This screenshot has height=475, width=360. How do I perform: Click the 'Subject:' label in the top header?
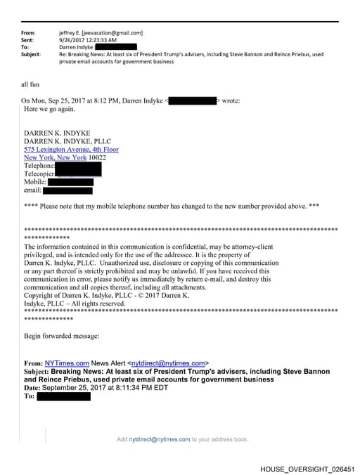(x=31, y=54)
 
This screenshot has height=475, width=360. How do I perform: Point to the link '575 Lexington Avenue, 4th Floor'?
(x=71, y=150)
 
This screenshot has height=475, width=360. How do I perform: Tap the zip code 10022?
(x=98, y=158)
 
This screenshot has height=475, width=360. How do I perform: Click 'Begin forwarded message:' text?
(x=62, y=336)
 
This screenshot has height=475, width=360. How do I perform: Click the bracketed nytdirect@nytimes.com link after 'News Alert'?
(x=170, y=363)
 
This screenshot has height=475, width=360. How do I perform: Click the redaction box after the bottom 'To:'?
(x=64, y=396)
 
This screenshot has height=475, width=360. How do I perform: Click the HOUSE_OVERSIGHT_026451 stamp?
(x=307, y=468)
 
